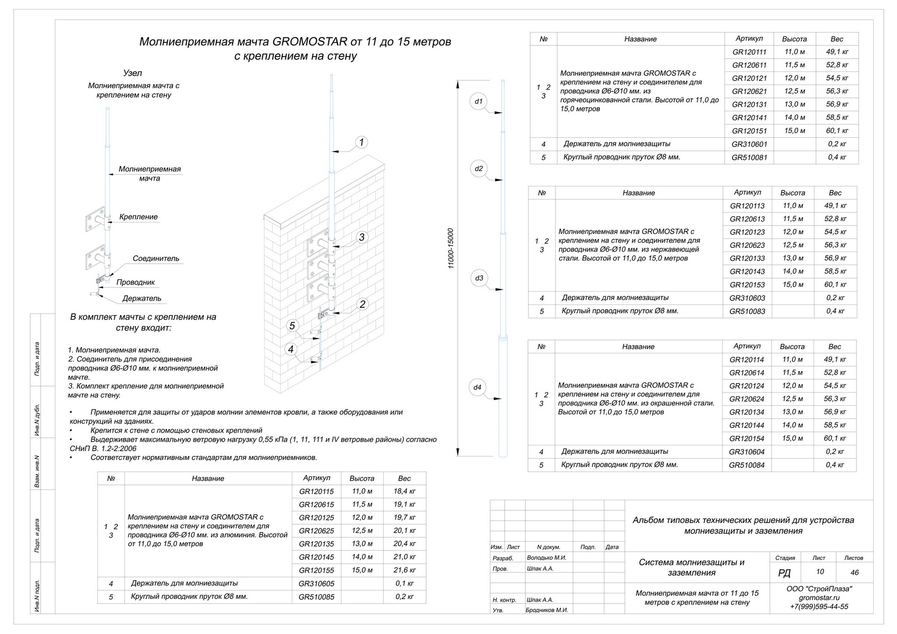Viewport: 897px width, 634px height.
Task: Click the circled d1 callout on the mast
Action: [x=478, y=101]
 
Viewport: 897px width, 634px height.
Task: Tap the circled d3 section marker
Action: [x=479, y=278]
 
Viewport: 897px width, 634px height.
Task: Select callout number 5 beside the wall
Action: [x=292, y=325]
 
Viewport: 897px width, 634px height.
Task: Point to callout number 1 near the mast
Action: [x=362, y=142]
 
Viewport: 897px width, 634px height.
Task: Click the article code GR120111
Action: [x=749, y=52]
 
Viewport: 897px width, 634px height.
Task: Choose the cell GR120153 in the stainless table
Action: [x=747, y=285]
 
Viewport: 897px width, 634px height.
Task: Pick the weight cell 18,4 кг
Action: [x=404, y=491]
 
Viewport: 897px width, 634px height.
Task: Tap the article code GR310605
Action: [x=316, y=584]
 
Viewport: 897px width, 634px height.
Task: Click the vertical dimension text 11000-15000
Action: [x=451, y=248]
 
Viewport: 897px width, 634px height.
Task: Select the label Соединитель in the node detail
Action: [x=155, y=259]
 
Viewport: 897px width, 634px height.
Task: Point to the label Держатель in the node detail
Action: [x=142, y=299]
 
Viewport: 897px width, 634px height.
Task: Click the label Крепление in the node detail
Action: [x=138, y=217]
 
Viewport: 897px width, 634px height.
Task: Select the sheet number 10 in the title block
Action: [x=819, y=572]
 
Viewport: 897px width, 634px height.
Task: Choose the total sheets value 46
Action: [x=854, y=572]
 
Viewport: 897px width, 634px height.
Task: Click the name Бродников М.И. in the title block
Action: [x=547, y=610]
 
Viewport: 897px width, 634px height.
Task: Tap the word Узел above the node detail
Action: [x=132, y=73]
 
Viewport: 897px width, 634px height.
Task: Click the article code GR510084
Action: [x=747, y=465]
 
